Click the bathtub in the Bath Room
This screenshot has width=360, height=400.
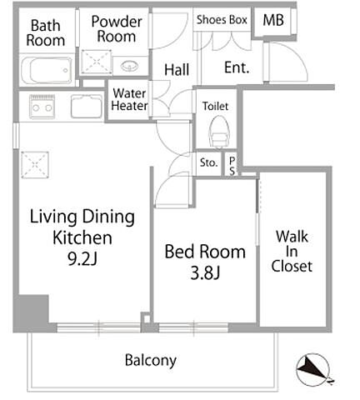coord(47,70)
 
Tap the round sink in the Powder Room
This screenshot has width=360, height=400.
coord(130,66)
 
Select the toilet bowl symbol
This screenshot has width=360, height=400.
coord(219,132)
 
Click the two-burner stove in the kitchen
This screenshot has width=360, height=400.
coord(42,107)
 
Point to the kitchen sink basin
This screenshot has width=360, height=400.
coord(87,107)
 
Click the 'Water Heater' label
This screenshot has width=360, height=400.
coord(129,99)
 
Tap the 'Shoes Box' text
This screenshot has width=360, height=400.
coord(222,20)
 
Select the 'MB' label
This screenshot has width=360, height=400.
coord(273,20)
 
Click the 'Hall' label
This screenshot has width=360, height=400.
coord(177,69)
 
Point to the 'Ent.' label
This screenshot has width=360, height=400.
coord(237,67)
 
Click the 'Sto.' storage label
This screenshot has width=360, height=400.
coord(208,162)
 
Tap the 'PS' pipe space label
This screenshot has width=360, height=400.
coord(232,166)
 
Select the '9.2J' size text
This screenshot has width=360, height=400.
coord(82,259)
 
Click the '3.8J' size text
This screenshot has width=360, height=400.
coord(205,272)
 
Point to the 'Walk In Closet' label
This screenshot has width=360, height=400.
coord(292,252)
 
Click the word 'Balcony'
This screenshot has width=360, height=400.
coord(151,360)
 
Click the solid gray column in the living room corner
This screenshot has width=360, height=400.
coord(33,309)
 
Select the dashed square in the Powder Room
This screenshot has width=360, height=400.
coord(97,62)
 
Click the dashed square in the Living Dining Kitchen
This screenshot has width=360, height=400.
coord(35,165)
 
